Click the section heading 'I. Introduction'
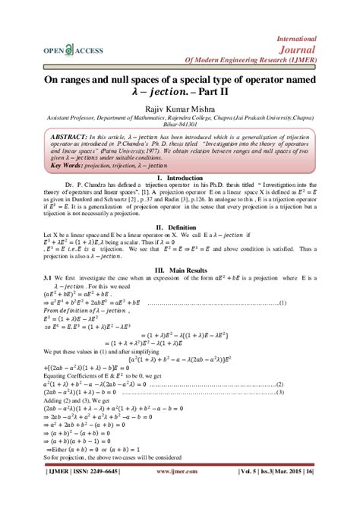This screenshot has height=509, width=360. pos(179,198)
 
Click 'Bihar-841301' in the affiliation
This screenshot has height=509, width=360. pos(179,126)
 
